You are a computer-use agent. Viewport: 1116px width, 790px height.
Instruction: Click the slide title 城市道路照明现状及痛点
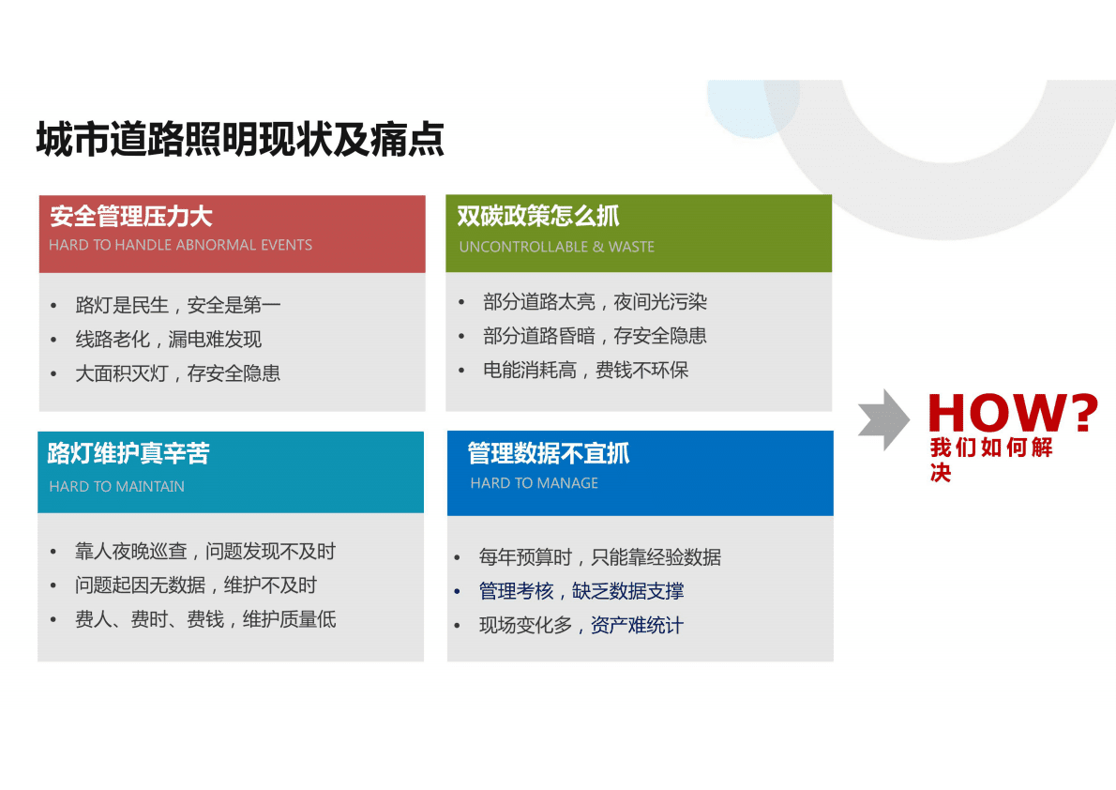point(240,140)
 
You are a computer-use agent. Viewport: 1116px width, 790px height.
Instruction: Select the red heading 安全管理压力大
point(131,217)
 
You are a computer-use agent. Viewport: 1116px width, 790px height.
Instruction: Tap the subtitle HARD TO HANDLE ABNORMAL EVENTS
point(180,245)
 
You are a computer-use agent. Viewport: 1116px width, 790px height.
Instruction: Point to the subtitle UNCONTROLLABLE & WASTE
point(556,247)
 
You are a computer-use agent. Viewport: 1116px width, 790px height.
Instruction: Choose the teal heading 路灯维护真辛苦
point(128,454)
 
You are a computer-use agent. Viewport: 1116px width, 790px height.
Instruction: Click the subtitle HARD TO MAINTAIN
point(116,486)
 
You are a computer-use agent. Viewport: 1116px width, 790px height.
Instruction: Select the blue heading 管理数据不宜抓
point(549,454)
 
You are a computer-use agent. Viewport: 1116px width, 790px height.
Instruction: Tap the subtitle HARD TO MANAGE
point(534,483)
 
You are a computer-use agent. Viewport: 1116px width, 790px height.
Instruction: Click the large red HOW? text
point(1012,412)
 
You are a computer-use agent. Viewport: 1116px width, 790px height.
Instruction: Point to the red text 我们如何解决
point(990,459)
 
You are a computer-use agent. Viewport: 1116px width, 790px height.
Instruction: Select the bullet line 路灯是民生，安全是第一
point(178,305)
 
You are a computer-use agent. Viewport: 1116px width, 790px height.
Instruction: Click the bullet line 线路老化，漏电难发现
point(168,339)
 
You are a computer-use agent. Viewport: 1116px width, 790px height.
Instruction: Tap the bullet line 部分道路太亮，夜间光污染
point(595,302)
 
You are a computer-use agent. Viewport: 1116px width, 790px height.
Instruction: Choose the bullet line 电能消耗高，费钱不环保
point(585,370)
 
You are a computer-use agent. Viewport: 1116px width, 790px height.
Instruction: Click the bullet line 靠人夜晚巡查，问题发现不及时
point(204,552)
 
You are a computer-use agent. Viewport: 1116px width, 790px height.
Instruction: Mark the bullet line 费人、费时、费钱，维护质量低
point(205,619)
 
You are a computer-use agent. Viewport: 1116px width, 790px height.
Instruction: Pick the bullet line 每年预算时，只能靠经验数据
point(599,557)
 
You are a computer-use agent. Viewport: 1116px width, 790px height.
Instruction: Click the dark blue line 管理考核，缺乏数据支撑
point(581,591)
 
